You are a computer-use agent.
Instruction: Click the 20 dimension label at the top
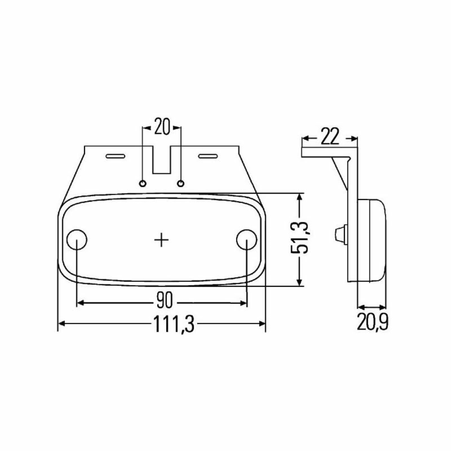[x=162, y=126]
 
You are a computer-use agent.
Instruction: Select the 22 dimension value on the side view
[x=330, y=137]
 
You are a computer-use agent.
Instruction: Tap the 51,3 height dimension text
[x=299, y=237]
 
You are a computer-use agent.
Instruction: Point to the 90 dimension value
[x=165, y=300]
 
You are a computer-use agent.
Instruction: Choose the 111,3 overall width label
[x=174, y=324]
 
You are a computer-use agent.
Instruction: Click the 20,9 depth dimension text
[x=373, y=322]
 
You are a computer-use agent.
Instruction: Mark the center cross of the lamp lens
[x=161, y=240]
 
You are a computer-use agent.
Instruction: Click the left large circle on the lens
[x=77, y=240]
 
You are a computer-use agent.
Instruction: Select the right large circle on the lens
[x=247, y=240]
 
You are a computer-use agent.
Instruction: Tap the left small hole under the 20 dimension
[x=143, y=183]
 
